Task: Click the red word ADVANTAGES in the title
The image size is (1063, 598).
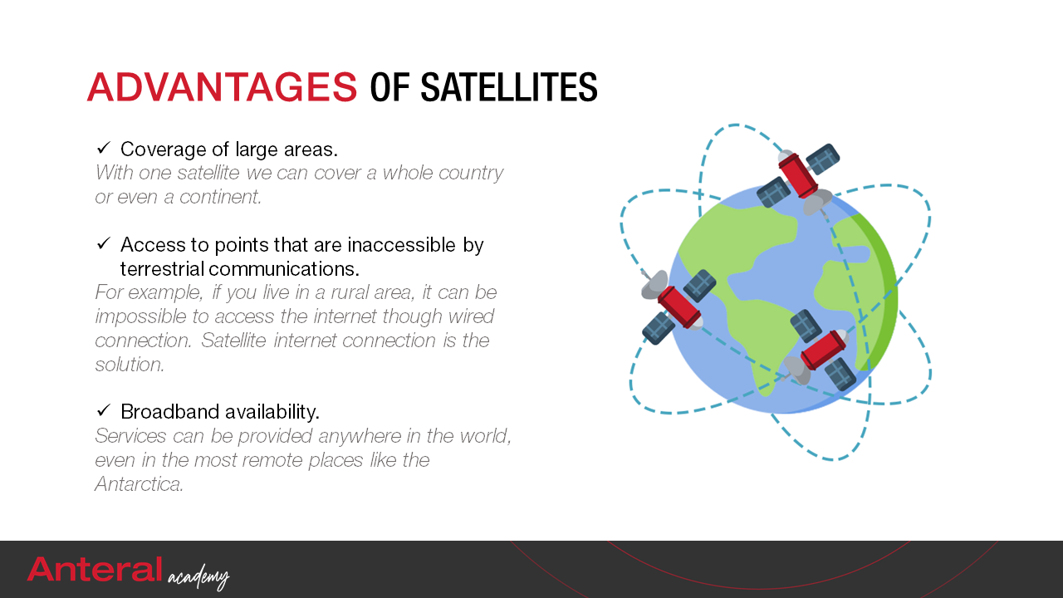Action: [222, 87]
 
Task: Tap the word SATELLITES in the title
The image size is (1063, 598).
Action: [509, 87]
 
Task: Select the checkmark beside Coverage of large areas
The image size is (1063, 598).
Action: [104, 148]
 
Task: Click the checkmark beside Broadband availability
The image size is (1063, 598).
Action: [104, 410]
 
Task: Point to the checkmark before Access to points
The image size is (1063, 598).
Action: [104, 244]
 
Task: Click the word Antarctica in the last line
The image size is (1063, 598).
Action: [139, 484]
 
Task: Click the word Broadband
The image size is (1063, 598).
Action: [169, 411]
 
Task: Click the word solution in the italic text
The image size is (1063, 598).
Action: [130, 365]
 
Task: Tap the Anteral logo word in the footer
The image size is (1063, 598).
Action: [95, 569]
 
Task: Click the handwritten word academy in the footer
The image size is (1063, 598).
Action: [198, 576]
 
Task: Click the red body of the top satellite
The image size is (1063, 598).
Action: [798, 175]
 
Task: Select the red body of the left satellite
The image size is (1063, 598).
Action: [678, 307]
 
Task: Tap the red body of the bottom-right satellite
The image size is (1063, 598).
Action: [823, 350]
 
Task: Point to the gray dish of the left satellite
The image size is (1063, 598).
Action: [654, 285]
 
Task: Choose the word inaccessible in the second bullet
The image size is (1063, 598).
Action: [401, 245]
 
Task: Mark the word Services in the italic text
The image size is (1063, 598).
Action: [130, 436]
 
